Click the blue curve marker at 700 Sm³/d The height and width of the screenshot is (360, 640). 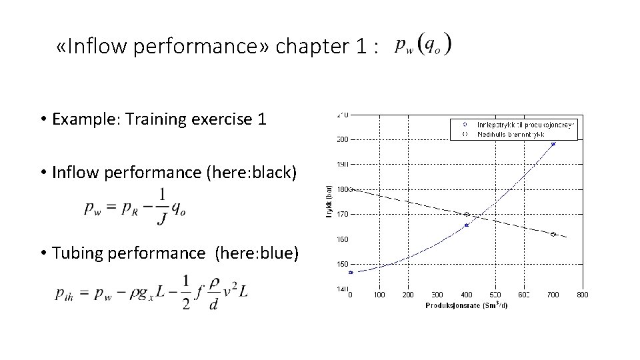click(x=553, y=143)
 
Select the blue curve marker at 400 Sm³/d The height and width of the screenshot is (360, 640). click(x=467, y=225)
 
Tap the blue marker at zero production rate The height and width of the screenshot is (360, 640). click(x=351, y=272)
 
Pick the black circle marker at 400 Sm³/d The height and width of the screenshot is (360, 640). click(x=467, y=214)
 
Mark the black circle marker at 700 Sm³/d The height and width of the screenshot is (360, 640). click(x=553, y=234)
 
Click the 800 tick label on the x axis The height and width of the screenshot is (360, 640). click(x=582, y=294)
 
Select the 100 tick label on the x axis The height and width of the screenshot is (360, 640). click(x=379, y=294)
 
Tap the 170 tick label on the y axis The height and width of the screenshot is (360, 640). click(x=341, y=214)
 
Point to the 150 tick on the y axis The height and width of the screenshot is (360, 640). click(x=341, y=264)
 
